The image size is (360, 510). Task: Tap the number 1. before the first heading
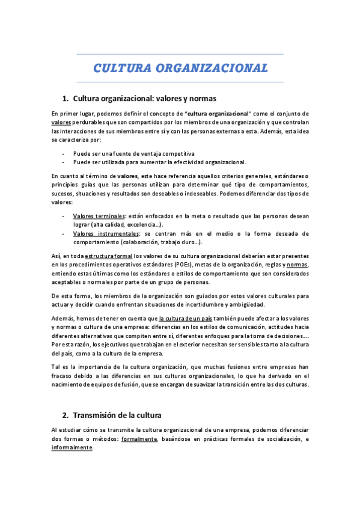(66, 98)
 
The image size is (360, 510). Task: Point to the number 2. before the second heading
(66, 415)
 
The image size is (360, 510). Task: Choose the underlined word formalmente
(139, 440)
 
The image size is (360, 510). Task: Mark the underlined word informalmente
(72, 448)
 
